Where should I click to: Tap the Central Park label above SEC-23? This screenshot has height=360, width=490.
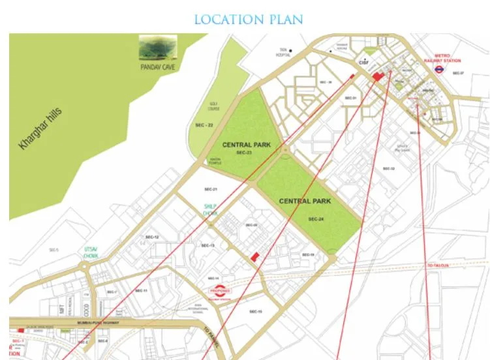[x=246, y=144]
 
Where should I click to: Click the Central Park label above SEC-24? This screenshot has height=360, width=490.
[x=305, y=201]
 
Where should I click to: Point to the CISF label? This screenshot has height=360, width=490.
[x=363, y=62]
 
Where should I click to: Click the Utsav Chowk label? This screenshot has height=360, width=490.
[x=89, y=252]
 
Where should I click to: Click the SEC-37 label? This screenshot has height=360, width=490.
[x=457, y=73]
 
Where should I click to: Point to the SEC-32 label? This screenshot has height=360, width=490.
[x=389, y=168]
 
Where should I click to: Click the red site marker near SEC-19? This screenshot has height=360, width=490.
[x=255, y=256]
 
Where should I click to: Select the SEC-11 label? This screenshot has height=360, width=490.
[x=142, y=290]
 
